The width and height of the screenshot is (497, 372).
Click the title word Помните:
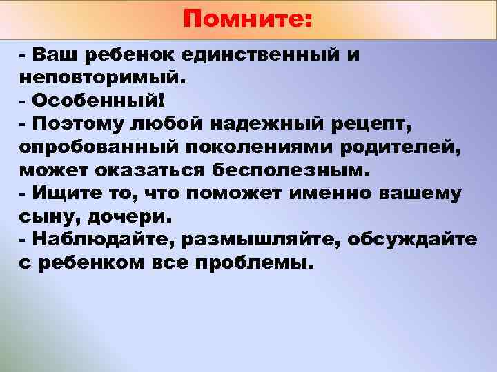[248, 19]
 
